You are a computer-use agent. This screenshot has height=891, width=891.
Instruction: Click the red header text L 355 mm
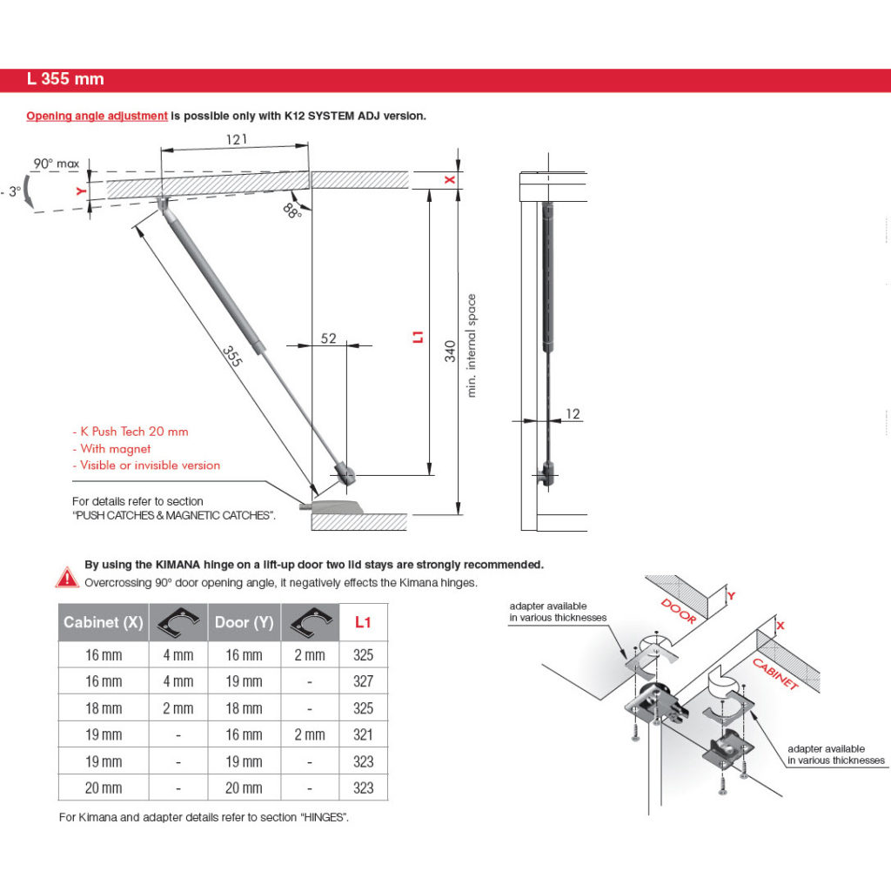point(65,79)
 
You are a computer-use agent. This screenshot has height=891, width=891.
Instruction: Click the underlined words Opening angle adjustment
point(97,116)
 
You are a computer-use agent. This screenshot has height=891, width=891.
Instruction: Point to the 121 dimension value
point(235,139)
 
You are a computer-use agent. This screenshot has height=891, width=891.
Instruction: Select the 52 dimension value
point(328,338)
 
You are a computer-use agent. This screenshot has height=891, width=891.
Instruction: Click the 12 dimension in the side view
point(573,414)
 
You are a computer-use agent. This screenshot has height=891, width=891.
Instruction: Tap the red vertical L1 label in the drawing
point(418,336)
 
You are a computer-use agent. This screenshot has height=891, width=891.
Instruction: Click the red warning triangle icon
point(67,576)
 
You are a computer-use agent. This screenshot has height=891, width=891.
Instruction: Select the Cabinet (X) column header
point(103,622)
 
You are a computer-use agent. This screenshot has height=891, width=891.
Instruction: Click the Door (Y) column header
point(245,622)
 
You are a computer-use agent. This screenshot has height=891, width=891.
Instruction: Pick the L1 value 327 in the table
point(364,681)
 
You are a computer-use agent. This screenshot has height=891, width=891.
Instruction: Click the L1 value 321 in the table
point(364,734)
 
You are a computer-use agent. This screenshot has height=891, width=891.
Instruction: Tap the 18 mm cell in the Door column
point(245,707)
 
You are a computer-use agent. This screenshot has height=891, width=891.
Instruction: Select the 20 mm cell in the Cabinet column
point(104,787)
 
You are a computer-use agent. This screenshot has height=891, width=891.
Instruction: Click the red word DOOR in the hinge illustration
point(679,610)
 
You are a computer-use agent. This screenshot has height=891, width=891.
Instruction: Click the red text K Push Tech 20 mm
point(130,432)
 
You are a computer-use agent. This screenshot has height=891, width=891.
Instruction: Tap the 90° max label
point(57,164)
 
